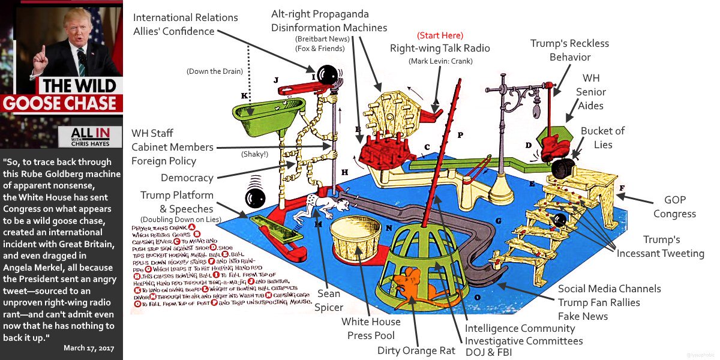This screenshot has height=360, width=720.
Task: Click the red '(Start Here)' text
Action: (x=440, y=35)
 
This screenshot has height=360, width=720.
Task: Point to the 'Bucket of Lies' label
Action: (x=602, y=137)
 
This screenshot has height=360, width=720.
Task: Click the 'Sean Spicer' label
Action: (x=329, y=299)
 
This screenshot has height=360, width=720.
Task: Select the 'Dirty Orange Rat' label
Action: (x=415, y=350)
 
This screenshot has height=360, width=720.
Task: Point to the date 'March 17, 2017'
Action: (x=89, y=348)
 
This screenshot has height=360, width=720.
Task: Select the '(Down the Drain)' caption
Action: (x=214, y=71)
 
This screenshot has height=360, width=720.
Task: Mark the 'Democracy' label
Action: (x=187, y=178)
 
